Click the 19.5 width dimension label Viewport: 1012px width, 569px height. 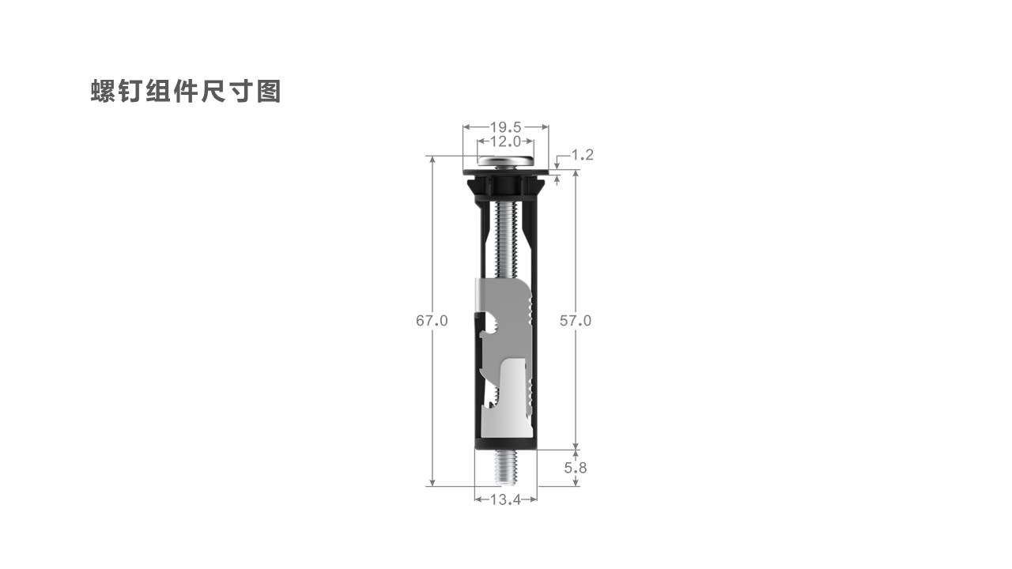tap(505, 127)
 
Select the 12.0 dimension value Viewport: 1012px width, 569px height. tap(505, 141)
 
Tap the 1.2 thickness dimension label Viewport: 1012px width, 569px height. tap(583, 155)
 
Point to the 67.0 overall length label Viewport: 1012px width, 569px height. tap(432, 321)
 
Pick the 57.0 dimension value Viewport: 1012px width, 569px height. tap(576, 321)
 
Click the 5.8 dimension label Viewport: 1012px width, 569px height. tap(576, 468)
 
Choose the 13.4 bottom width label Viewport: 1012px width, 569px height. tap(505, 499)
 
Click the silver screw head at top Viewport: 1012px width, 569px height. tap(505, 160)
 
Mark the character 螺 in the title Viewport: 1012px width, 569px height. tap(104, 91)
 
